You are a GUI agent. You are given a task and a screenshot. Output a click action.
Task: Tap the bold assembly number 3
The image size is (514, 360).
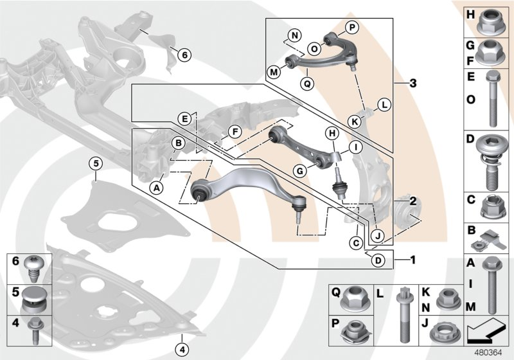(x=413, y=84)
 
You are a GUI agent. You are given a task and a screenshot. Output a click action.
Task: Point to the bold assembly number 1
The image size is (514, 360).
(x=413, y=260)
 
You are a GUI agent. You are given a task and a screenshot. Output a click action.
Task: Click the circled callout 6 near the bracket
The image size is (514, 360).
(x=183, y=56)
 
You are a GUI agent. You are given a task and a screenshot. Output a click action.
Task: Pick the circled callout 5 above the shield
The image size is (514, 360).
(x=95, y=164)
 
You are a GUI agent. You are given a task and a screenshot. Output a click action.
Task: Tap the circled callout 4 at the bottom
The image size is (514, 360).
(x=183, y=350)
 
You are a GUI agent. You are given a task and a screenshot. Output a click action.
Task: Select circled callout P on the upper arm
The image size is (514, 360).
(x=352, y=27)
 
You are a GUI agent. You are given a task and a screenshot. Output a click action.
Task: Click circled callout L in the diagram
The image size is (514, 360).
(x=384, y=104)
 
